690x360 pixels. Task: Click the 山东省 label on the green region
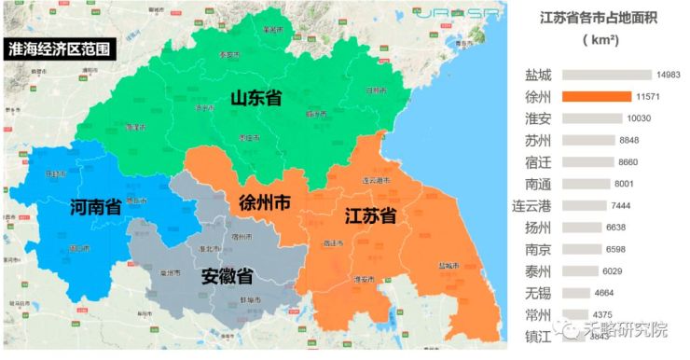(x=256, y=96)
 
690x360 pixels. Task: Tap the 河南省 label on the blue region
(x=96, y=207)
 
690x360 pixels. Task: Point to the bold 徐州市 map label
(x=265, y=202)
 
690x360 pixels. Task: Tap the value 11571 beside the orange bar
(x=648, y=97)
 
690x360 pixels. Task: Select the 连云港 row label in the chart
(x=531, y=205)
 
